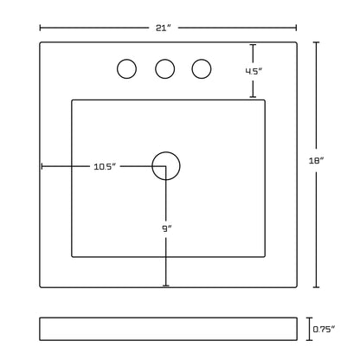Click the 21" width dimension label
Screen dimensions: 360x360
click(164, 28)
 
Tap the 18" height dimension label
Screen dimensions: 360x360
click(317, 161)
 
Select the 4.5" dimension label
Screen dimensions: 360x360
click(254, 71)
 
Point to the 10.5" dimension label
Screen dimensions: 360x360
click(105, 166)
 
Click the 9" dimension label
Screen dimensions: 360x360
click(166, 228)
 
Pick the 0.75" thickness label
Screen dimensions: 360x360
click(324, 329)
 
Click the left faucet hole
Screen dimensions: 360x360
click(126, 60)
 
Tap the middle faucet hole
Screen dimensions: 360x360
click(164, 60)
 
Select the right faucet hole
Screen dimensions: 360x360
click(202, 60)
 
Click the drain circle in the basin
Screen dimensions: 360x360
click(166, 152)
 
